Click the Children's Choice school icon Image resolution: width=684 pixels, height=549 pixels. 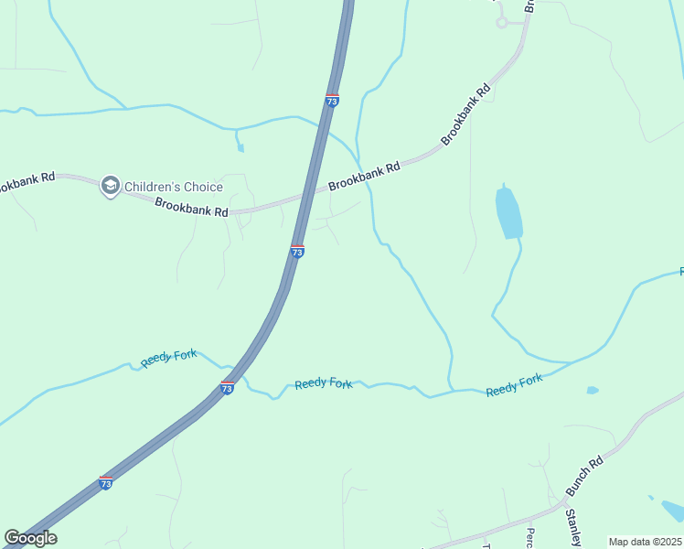coord(110,187)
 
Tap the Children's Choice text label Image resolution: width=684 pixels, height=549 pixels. coord(173,187)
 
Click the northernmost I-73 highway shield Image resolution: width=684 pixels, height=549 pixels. coord(332,101)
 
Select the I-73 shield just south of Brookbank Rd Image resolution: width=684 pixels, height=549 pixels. coord(297,251)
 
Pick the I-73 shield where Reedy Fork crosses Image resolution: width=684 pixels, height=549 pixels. coord(227,388)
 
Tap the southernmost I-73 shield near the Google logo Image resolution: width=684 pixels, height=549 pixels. coord(106,482)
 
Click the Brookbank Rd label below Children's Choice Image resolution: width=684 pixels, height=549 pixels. coord(191,208)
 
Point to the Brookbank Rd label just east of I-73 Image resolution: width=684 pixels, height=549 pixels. coord(364,176)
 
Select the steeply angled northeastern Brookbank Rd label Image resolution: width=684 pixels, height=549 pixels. coord(465,114)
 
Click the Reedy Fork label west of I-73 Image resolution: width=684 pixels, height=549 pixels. coord(170,358)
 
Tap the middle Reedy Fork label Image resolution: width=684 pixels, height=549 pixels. coord(323,383)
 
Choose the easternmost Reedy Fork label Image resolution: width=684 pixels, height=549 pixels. coord(514,384)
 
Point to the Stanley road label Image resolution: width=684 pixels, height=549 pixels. coord(572,528)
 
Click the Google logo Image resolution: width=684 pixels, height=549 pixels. coord(30,538)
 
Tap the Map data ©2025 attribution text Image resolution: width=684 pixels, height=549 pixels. coord(646,542)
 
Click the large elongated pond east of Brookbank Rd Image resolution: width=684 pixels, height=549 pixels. coord(508,212)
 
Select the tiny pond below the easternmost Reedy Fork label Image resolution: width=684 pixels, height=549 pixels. coord(593,391)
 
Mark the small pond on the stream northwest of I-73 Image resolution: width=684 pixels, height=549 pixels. coord(240,146)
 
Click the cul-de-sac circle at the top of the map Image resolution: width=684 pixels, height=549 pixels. coord(501,22)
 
